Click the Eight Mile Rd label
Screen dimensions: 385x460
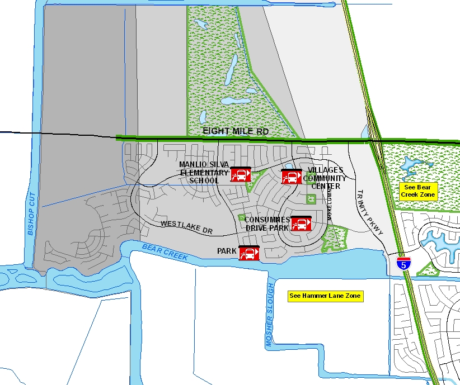(x=236, y=131)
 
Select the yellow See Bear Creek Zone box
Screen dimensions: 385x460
(x=417, y=191)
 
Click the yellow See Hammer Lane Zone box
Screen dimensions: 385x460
(x=325, y=296)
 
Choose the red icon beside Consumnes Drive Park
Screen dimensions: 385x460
(x=301, y=223)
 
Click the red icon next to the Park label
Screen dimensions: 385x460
(x=248, y=253)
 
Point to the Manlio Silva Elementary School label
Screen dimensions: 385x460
(x=204, y=172)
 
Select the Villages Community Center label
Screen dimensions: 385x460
(x=328, y=178)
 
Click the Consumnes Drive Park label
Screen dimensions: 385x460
(x=267, y=224)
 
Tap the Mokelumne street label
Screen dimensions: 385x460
(x=330, y=203)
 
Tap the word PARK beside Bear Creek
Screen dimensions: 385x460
(x=227, y=252)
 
